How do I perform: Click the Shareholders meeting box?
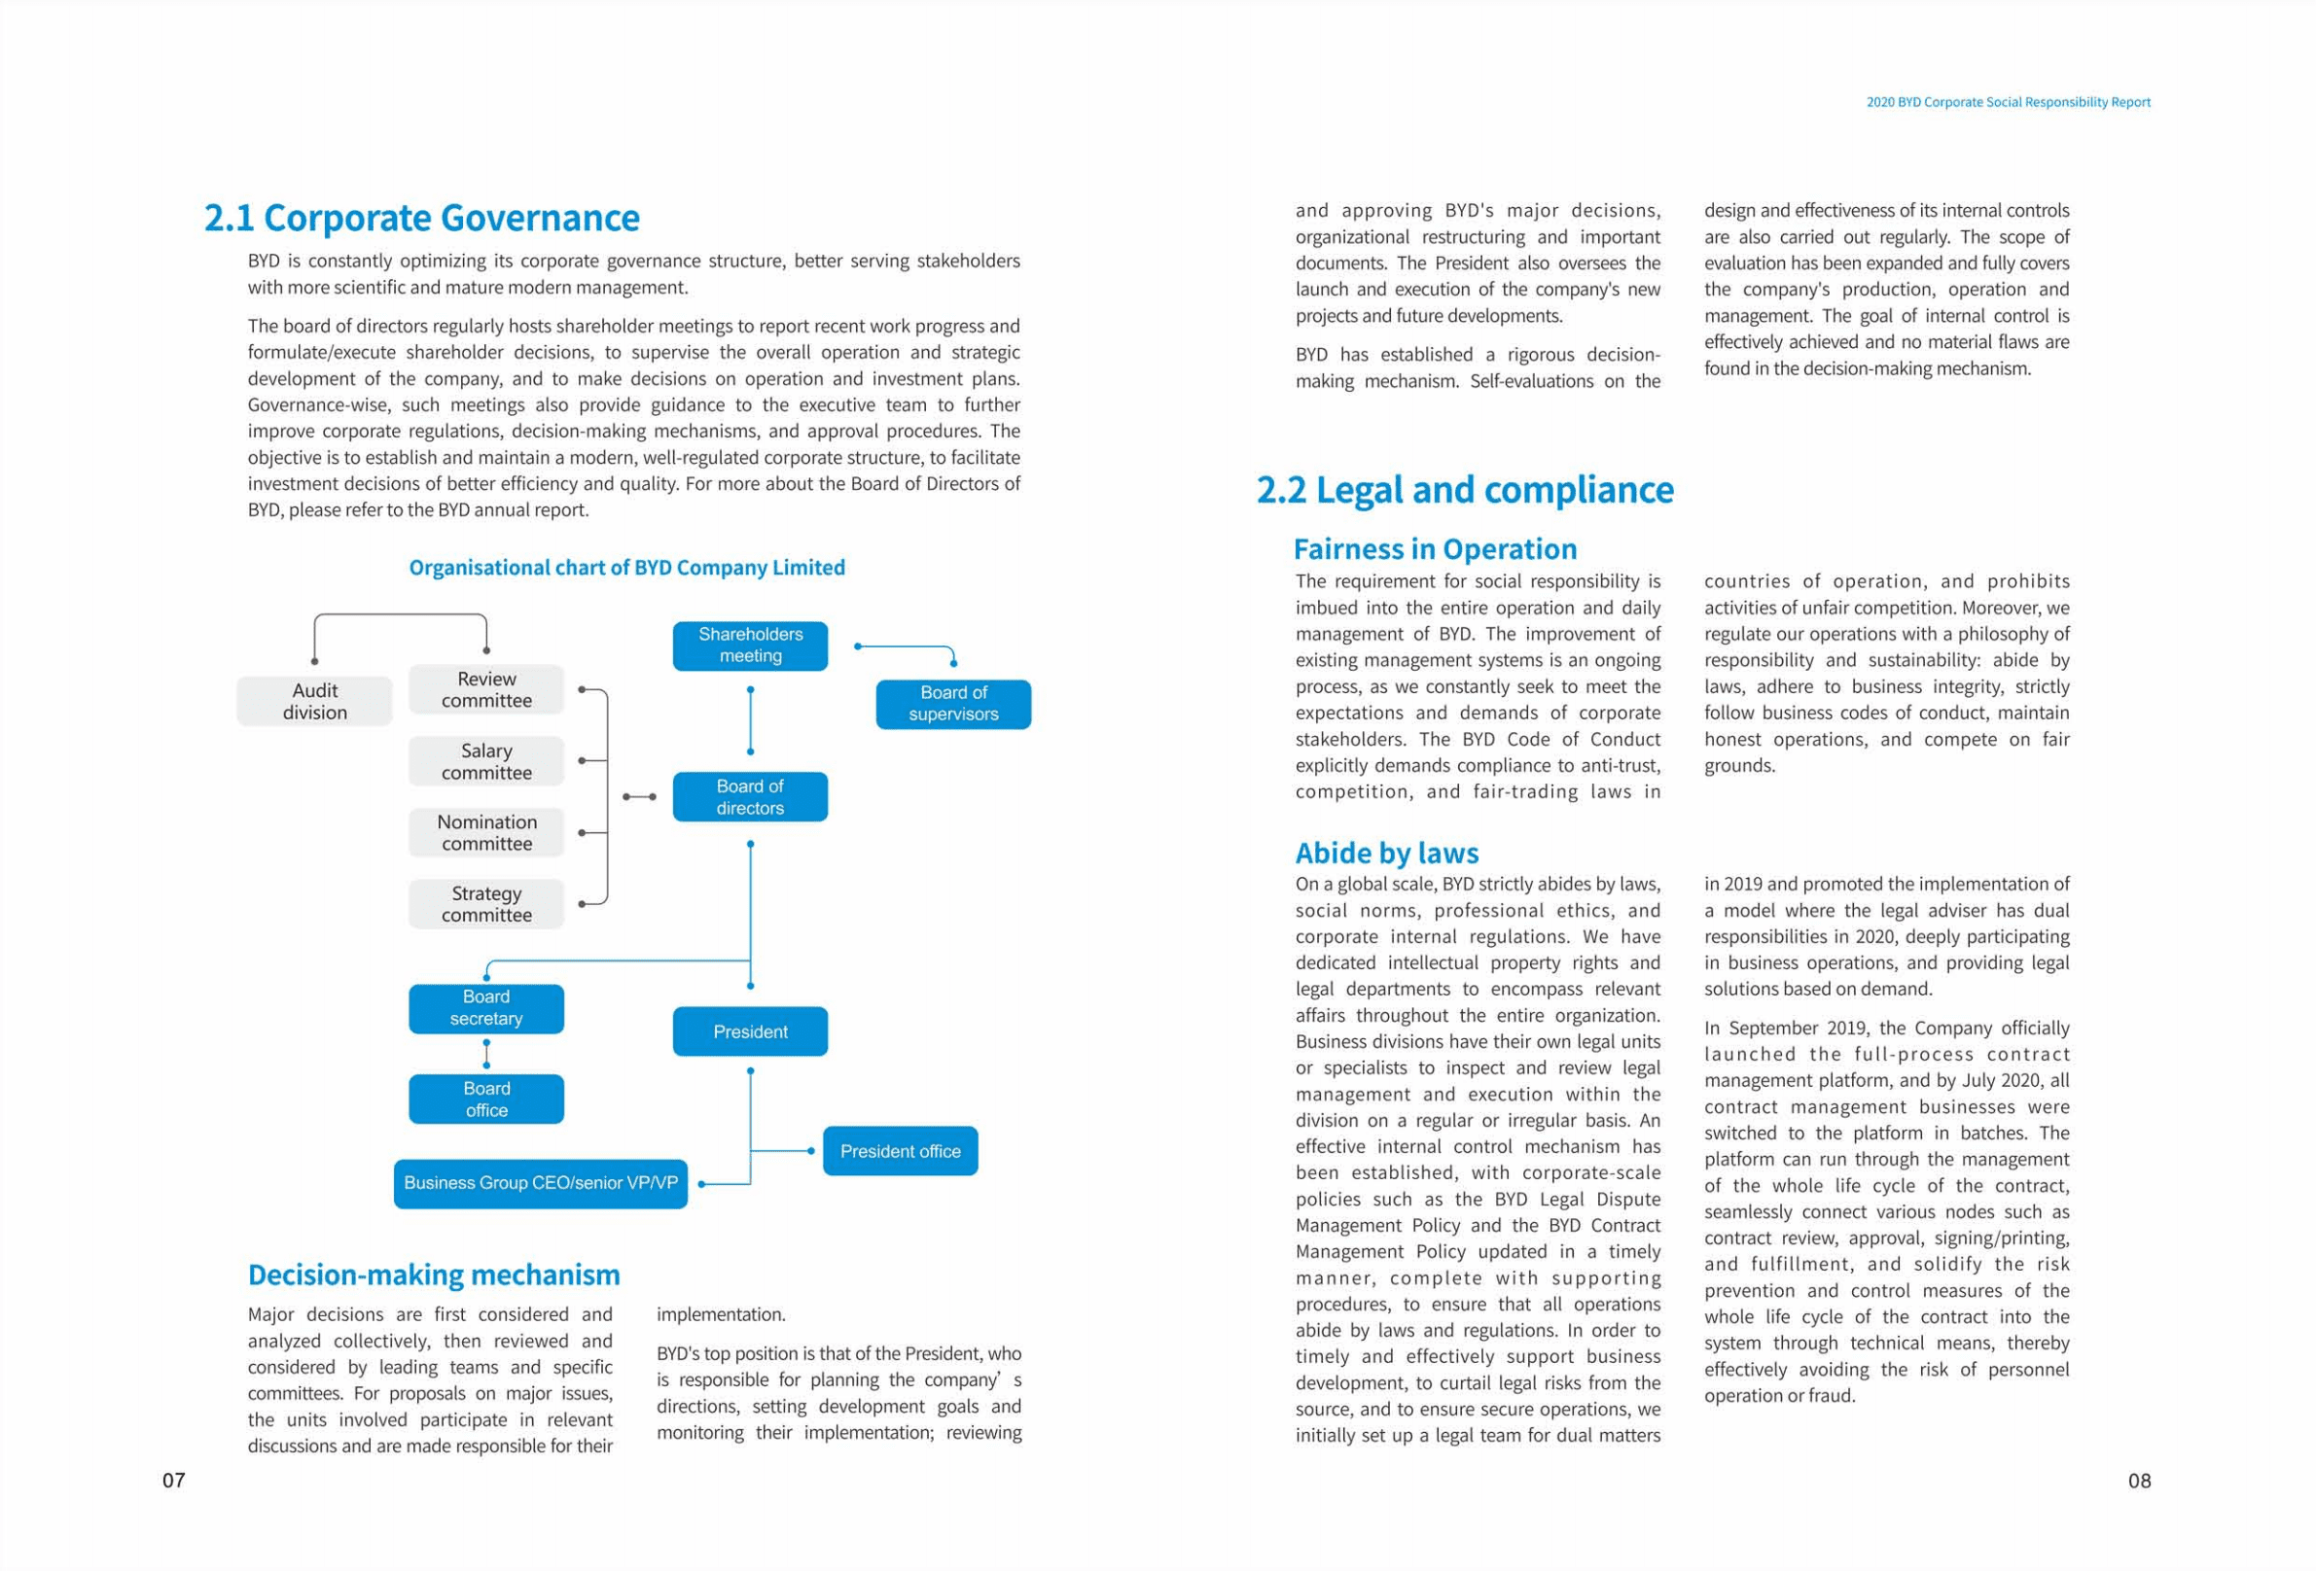[749, 646]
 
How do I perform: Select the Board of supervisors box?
[952, 703]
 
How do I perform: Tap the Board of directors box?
[749, 797]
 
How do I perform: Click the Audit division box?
[314, 701]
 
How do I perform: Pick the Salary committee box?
[486, 761]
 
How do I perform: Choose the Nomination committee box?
[486, 833]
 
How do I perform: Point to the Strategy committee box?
[486, 903]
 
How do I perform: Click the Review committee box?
[486, 689]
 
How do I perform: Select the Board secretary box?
[486, 1008]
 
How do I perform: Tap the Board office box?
[486, 1099]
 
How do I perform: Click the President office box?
[900, 1151]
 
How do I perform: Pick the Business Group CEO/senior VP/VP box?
[540, 1183]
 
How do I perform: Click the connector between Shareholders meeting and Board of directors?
[750, 720]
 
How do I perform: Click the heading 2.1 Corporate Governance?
[421, 218]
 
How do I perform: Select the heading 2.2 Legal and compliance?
[1465, 490]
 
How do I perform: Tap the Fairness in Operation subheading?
[1435, 549]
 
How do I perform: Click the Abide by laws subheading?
[1386, 853]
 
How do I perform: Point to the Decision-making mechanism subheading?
[434, 1275]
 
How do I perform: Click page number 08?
[2139, 1481]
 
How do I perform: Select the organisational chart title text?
[626, 568]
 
